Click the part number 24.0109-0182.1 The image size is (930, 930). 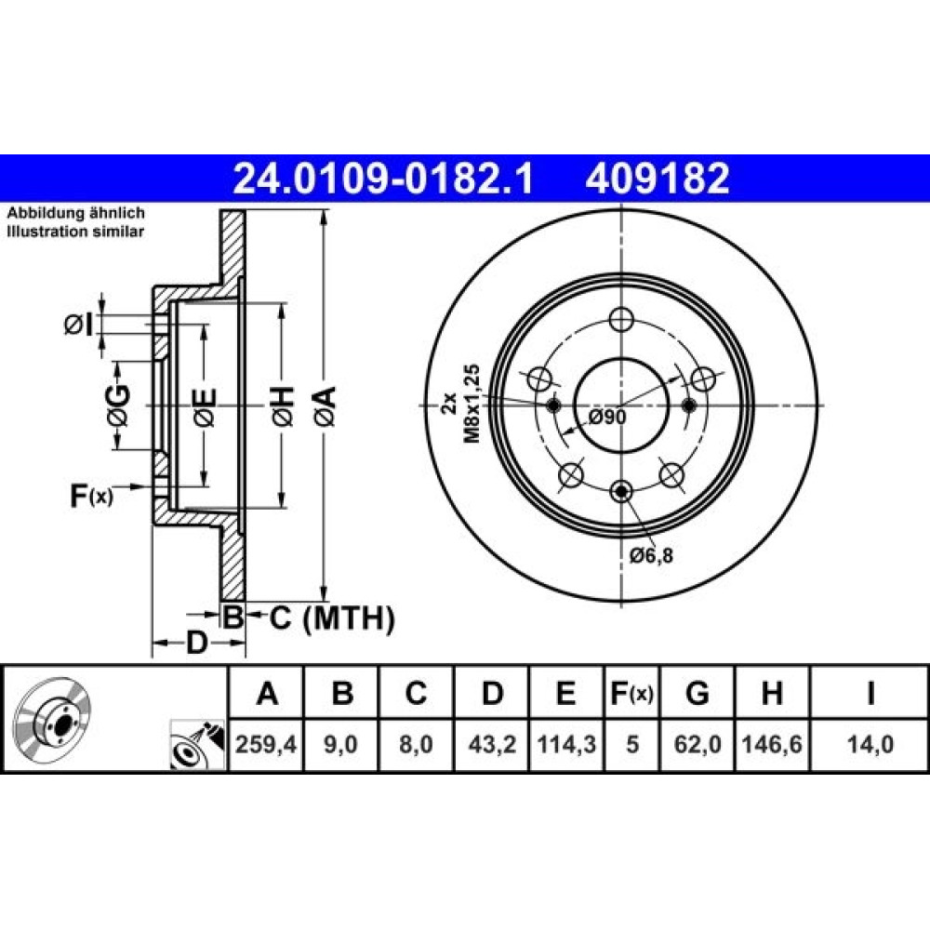pos(384,179)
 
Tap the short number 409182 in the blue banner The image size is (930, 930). pos(658,179)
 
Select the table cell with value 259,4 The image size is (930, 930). pos(266,744)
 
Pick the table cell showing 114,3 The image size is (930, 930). pos(566,744)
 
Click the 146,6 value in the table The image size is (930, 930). pos(772,744)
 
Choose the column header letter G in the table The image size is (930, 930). pos(697,692)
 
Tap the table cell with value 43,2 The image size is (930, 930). pos(492,744)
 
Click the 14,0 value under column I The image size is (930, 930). pos(870,744)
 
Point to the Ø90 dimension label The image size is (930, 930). pos(607,418)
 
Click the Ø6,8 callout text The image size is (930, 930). pos(651,556)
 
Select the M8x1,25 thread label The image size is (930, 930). pos(472,404)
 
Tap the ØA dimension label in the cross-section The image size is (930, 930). pos(325,405)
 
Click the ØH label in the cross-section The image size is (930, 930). pos(283,405)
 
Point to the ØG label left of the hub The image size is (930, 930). pos(118,405)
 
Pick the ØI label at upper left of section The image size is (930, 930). pos(79,325)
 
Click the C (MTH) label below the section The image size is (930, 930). pos(332,618)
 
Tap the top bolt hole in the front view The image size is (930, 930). pos(621,319)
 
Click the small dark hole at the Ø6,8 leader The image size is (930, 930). pos(621,491)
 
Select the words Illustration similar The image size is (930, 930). pos(75,232)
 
